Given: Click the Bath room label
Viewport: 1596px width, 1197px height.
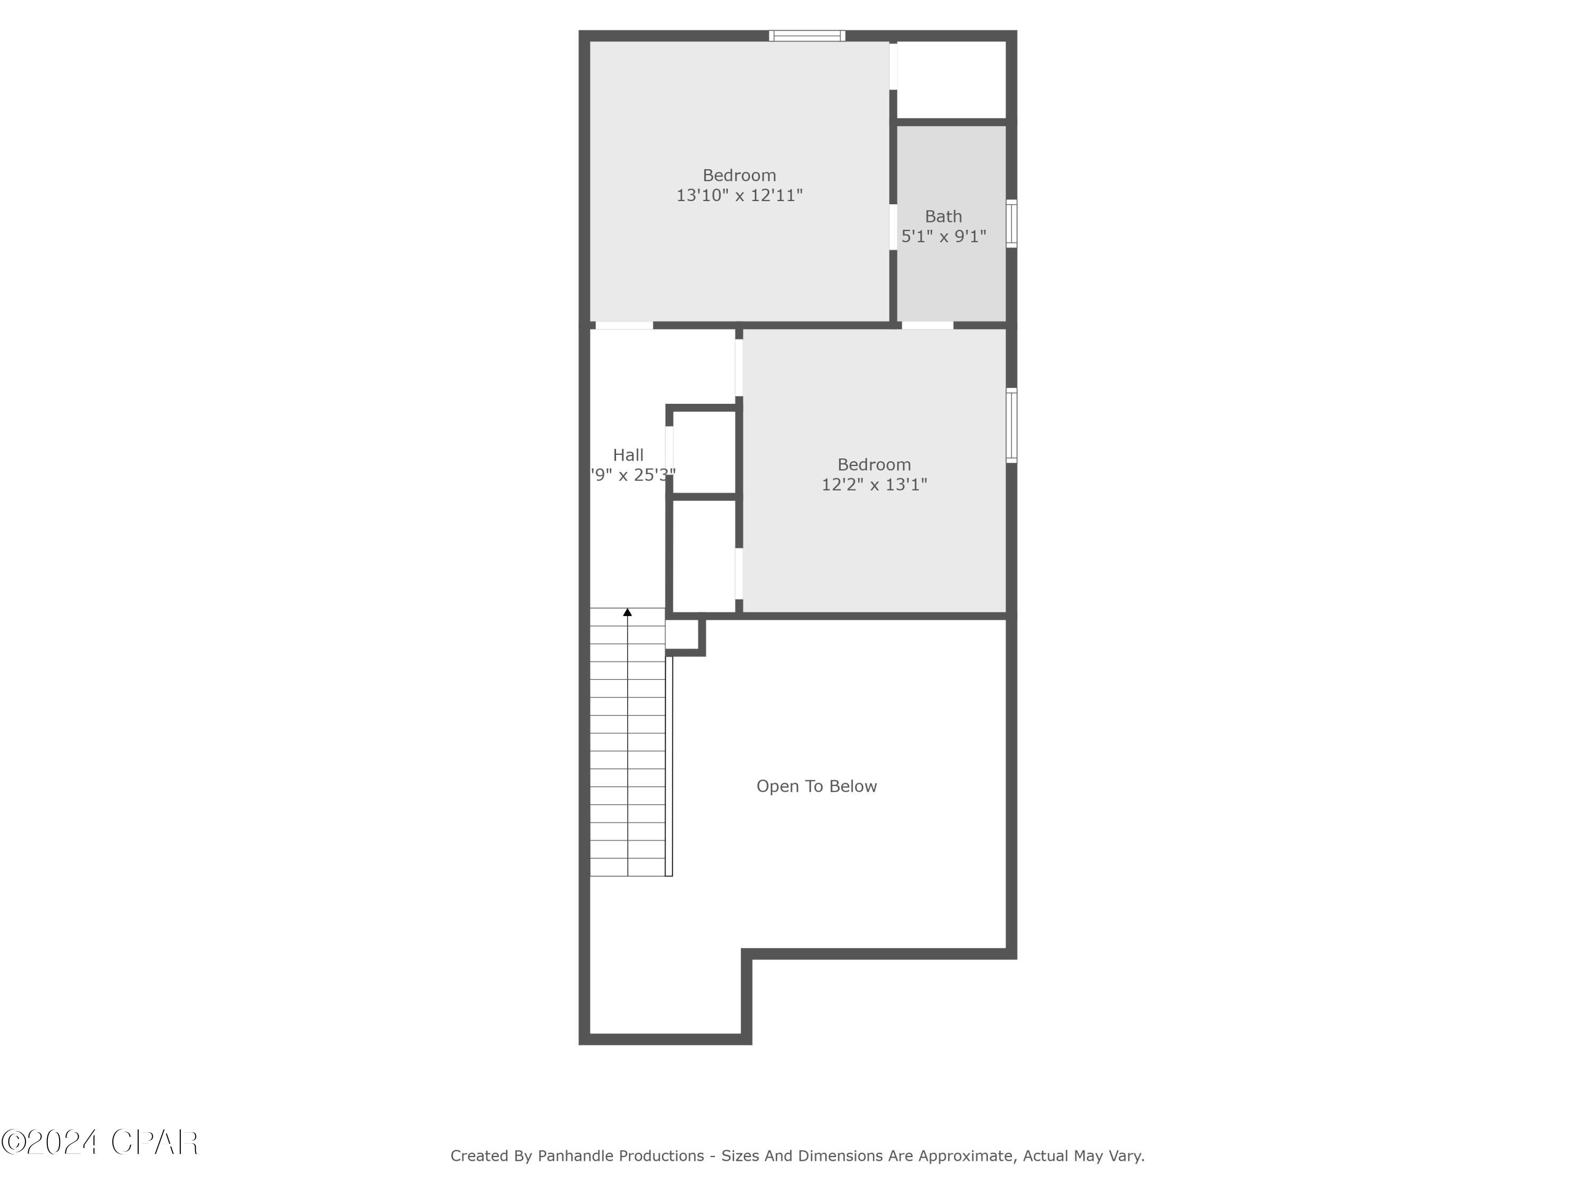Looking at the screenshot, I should point(943,217).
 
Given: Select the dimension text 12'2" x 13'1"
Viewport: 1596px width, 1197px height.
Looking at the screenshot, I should point(874,485).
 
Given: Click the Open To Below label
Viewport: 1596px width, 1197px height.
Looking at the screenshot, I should point(816,786).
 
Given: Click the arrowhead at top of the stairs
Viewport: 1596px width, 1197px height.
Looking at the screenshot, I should point(627,612).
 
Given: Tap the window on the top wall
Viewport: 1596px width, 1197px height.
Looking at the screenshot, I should point(807,35).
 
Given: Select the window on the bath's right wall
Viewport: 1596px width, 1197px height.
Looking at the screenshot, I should point(1011,223).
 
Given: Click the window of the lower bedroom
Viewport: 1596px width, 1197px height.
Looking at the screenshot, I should point(1011,425).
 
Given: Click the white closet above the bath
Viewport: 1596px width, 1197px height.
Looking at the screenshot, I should point(951,79).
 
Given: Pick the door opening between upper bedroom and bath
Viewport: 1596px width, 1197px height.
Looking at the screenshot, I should point(893,227).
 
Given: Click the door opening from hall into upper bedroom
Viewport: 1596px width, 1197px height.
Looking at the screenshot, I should point(624,326).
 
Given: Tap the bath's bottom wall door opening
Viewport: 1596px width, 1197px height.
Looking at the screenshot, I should point(927,326).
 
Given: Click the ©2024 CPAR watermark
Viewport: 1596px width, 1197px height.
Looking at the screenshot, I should point(99,1142).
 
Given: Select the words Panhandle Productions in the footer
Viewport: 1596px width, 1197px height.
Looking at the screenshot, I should point(620,1156).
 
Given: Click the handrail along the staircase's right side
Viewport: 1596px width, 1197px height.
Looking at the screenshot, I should point(669,765).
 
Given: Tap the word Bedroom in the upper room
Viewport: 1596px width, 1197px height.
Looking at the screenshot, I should point(739,176).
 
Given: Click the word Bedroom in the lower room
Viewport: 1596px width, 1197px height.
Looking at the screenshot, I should point(874,464).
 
